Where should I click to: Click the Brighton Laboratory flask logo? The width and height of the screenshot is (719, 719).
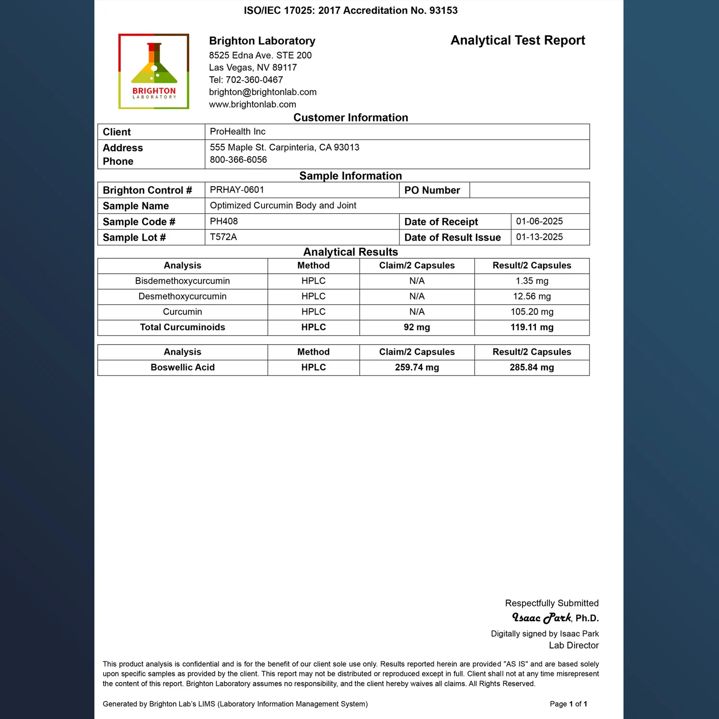pyautogui.click(x=154, y=71)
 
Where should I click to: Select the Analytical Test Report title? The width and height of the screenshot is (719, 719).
pyautogui.click(x=518, y=40)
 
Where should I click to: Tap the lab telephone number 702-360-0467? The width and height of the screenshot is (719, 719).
pyautogui.click(x=254, y=80)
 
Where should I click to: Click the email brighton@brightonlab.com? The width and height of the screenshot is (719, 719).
pyautogui.click(x=263, y=92)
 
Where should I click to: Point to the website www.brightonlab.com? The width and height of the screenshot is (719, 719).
pyautogui.click(x=252, y=104)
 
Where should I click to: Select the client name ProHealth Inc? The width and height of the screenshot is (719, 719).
pyautogui.click(x=237, y=132)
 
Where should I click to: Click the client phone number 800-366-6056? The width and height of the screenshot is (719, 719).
pyautogui.click(x=238, y=160)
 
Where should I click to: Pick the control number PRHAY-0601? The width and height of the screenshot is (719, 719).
pyautogui.click(x=237, y=190)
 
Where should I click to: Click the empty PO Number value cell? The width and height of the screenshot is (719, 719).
pyautogui.click(x=529, y=190)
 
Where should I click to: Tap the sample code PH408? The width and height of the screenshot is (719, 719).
pyautogui.click(x=224, y=221)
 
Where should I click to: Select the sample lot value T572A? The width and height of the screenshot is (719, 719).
pyautogui.click(x=223, y=237)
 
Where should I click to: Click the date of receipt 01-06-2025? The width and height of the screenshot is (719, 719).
pyautogui.click(x=539, y=221)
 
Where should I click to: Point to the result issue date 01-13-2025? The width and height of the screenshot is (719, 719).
pyautogui.click(x=539, y=237)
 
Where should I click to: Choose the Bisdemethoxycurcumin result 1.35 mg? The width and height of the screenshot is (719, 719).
pyautogui.click(x=532, y=281)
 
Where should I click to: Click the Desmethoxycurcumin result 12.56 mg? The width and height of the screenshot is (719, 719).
pyautogui.click(x=532, y=297)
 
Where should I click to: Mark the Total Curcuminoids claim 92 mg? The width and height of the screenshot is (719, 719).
pyautogui.click(x=417, y=327)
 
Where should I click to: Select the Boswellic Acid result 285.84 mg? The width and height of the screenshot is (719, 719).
pyautogui.click(x=532, y=368)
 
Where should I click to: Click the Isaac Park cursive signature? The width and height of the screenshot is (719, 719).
pyautogui.click(x=541, y=618)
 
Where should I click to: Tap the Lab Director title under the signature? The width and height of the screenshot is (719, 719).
pyautogui.click(x=573, y=646)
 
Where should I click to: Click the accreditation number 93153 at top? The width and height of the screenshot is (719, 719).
pyautogui.click(x=443, y=11)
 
